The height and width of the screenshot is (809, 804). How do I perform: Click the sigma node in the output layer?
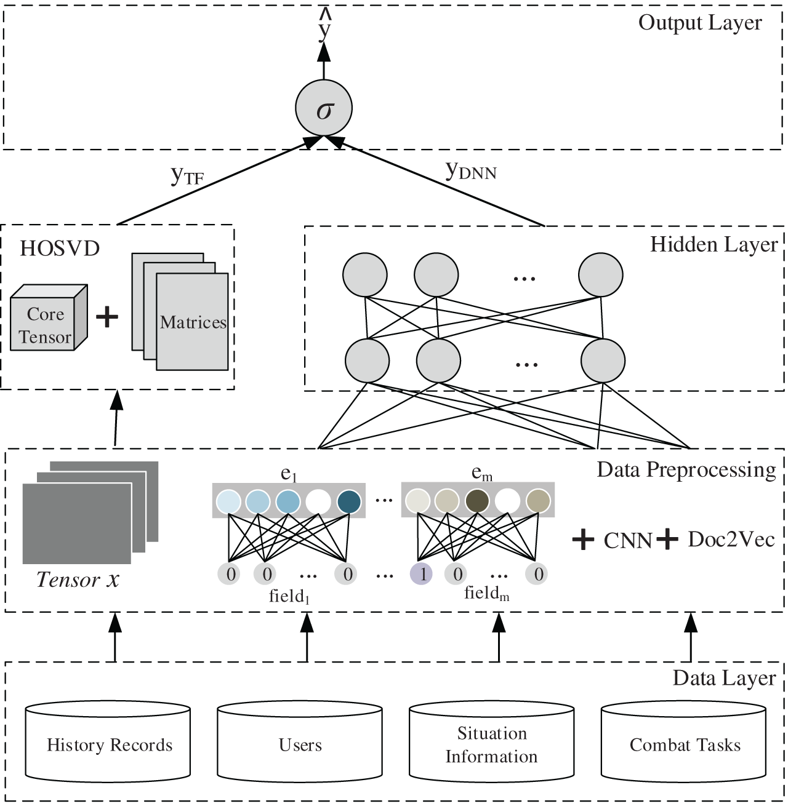click(x=324, y=108)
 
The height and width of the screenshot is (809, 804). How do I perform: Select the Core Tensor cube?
click(x=48, y=319)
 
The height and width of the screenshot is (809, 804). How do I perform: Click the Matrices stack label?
click(x=193, y=322)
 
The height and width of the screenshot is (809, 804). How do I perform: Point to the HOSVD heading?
click(x=60, y=249)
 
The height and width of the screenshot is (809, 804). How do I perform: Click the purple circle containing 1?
click(x=422, y=574)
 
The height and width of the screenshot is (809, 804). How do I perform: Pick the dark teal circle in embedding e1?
click(x=348, y=501)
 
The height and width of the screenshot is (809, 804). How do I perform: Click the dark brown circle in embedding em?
click(x=477, y=501)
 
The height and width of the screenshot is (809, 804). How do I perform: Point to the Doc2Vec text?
click(x=731, y=539)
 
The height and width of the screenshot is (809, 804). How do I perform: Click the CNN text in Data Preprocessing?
click(x=627, y=540)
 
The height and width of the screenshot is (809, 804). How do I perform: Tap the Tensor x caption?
click(x=78, y=580)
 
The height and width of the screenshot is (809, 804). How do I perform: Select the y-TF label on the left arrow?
click(x=187, y=175)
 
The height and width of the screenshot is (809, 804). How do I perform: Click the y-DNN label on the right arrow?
click(x=471, y=170)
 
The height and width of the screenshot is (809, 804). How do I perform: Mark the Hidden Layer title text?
click(x=714, y=245)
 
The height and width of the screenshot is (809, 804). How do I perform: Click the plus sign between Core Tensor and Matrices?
click(x=107, y=317)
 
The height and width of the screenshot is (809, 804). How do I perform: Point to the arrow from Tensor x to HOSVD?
click(x=116, y=418)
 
